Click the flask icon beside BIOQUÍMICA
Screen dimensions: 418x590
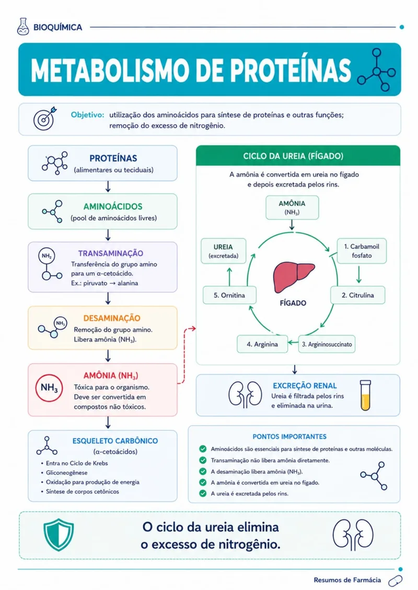coord(23,27)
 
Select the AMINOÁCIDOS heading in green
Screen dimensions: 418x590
coord(113,206)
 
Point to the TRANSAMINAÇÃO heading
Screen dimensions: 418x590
coord(111,253)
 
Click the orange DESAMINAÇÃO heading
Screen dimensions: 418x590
coord(112,318)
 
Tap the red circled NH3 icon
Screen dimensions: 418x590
coord(49,388)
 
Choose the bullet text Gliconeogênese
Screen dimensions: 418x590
coord(67,473)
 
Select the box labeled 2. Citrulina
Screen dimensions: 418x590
coord(358,295)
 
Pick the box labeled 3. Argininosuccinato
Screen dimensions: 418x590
coord(327,344)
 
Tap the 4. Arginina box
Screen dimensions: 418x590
coord(262,344)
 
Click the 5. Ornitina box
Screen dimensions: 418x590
coord(229,295)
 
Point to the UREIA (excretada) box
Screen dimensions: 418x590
coord(224,251)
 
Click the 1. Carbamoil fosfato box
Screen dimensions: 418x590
coord(362,251)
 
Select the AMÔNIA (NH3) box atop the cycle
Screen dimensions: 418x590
coord(292,207)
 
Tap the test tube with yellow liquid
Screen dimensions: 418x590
coord(365,395)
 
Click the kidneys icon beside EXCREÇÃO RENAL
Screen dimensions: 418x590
coord(246,395)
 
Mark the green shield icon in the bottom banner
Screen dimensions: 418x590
coord(59,535)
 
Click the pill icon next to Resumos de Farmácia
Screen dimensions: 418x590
coord(395,581)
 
